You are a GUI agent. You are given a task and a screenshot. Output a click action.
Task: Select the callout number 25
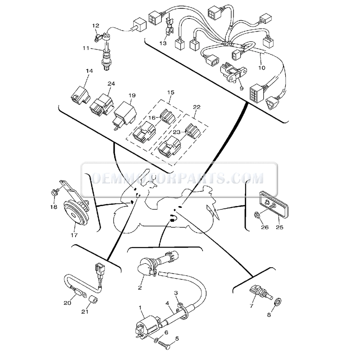[279, 228]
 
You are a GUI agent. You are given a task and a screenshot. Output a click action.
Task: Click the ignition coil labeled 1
[145, 326]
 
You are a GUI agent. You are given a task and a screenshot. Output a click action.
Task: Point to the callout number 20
[67, 303]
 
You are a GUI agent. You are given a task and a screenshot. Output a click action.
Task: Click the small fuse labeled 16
[168, 118]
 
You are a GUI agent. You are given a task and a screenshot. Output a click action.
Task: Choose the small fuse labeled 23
[193, 131]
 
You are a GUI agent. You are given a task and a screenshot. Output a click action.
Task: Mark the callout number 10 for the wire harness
[261, 68]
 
